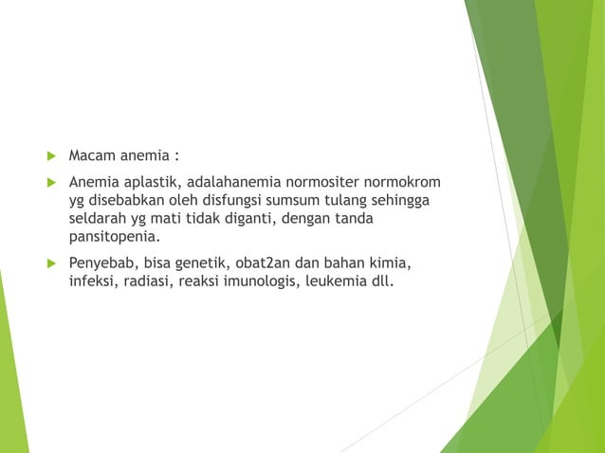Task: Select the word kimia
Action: pos(391,263)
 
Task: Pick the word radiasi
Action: pos(149,281)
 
